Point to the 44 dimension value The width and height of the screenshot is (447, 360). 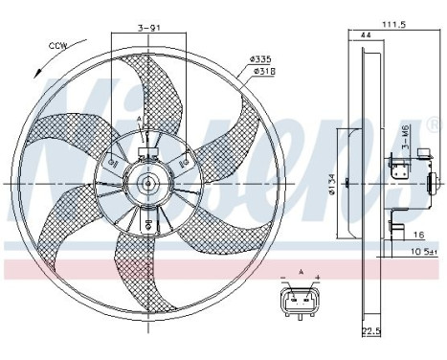[x=366, y=35]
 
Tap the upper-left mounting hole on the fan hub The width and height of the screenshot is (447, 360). [x=115, y=164]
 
